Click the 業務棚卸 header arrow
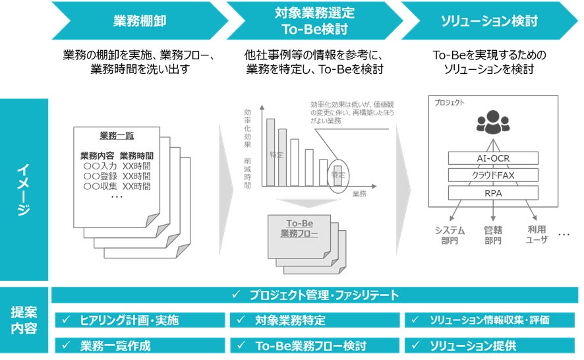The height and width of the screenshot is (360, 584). click(x=135, y=20)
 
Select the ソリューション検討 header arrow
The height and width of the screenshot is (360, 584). click(x=488, y=20)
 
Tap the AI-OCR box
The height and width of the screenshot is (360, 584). click(x=493, y=158)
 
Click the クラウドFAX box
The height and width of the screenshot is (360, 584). click(x=493, y=175)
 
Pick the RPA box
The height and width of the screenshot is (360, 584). click(x=493, y=193)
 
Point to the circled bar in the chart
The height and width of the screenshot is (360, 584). click(x=338, y=175)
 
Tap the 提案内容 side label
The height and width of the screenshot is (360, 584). click(x=24, y=320)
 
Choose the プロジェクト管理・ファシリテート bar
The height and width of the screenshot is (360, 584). click(x=315, y=295)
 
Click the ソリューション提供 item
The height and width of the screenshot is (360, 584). click(x=490, y=345)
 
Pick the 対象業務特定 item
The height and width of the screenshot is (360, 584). click(x=314, y=320)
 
